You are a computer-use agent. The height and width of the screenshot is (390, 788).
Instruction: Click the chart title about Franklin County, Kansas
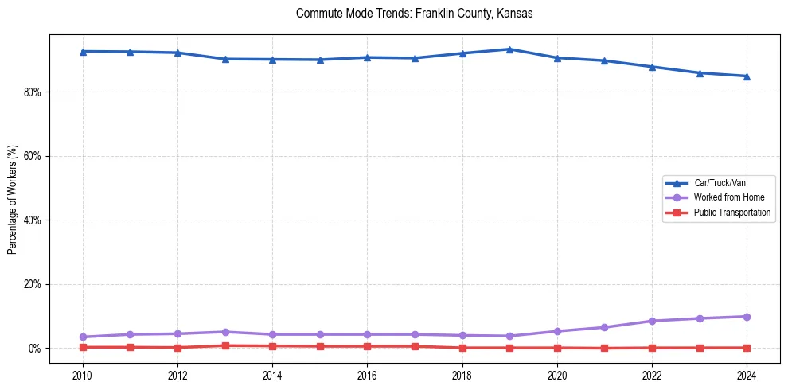(x=413, y=14)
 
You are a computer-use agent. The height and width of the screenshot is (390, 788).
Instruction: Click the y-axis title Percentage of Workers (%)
(x=12, y=199)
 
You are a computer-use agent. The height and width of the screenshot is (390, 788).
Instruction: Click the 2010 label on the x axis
(x=83, y=374)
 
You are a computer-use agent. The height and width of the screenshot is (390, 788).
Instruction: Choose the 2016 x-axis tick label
(x=367, y=374)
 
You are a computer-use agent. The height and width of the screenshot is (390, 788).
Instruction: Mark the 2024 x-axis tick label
(x=747, y=374)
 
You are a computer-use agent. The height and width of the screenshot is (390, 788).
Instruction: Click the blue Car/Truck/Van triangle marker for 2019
(x=509, y=49)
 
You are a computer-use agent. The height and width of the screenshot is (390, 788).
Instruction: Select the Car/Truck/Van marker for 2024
(x=747, y=76)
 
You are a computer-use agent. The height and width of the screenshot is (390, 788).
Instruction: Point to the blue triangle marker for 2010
(x=83, y=52)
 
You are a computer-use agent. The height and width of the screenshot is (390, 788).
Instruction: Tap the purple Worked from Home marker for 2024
(x=747, y=317)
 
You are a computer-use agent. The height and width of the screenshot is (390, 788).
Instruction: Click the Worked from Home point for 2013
(x=225, y=332)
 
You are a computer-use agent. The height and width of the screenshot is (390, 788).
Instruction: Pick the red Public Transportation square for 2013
(x=225, y=345)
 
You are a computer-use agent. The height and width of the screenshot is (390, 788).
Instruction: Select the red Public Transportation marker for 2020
(x=557, y=348)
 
